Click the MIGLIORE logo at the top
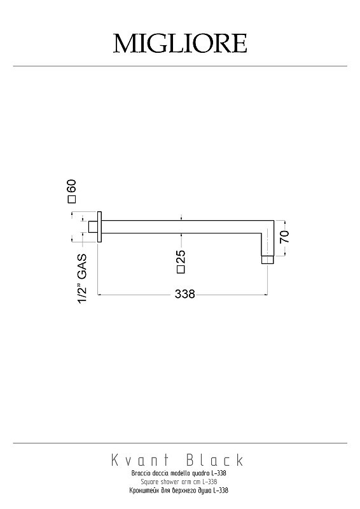pos(180,43)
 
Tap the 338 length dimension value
pos(184,294)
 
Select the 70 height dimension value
pos(284,237)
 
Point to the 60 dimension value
pos(71,186)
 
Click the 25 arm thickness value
pos(181,256)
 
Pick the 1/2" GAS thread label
pos(82,279)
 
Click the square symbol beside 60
pos(71,199)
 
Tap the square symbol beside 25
pos(181,269)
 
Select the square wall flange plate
pos(100,227)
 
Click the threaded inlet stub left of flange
pos(93,227)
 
